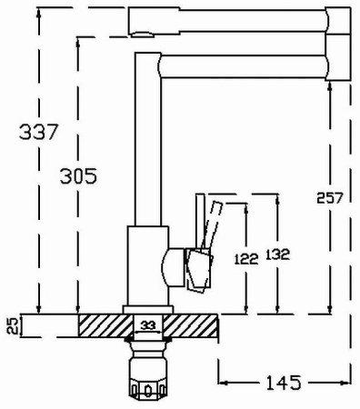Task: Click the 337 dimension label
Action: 38,132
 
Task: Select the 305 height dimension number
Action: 78,176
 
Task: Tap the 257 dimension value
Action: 329,198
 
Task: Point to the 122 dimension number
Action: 246,259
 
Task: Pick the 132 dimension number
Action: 277,254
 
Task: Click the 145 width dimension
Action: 284,383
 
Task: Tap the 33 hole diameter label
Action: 148,325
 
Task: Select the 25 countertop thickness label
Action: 12,325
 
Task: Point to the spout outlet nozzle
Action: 143,35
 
